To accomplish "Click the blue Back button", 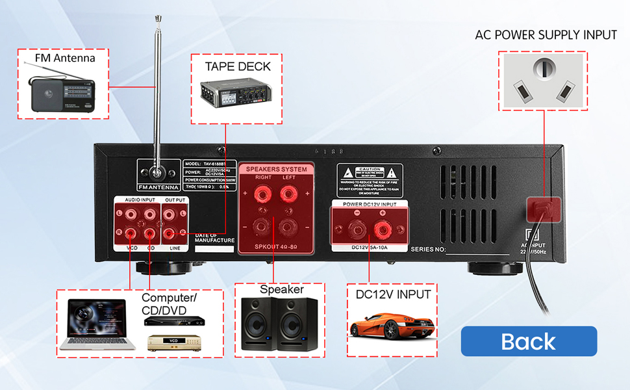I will (529, 341).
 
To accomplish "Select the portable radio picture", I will (62, 94).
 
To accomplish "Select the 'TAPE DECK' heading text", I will (238, 66).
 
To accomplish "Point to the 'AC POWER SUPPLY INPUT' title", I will (546, 34).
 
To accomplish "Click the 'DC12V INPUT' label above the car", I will (393, 294).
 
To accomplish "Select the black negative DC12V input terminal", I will (357, 229).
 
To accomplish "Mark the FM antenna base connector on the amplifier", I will (156, 174).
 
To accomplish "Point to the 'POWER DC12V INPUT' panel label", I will (368, 204).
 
